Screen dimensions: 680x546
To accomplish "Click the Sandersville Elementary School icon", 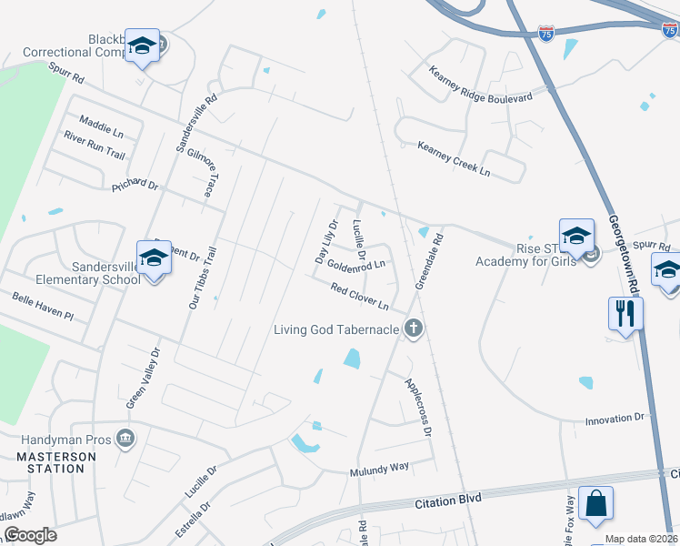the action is click(x=154, y=259).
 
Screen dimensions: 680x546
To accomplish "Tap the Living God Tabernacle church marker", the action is click(x=414, y=328).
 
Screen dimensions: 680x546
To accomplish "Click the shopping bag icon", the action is click(x=595, y=503).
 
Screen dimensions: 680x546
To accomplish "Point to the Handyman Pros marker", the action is click(x=125, y=440).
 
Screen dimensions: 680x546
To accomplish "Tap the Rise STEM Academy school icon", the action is click(x=576, y=238).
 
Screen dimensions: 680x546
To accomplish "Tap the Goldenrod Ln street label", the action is click(x=356, y=266).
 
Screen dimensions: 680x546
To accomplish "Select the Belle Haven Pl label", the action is click(x=42, y=306).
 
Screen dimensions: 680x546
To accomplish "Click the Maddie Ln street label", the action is click(x=101, y=125).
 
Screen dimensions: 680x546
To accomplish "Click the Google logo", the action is click(x=30, y=535).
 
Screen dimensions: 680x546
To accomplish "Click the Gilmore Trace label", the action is click(x=199, y=175).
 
